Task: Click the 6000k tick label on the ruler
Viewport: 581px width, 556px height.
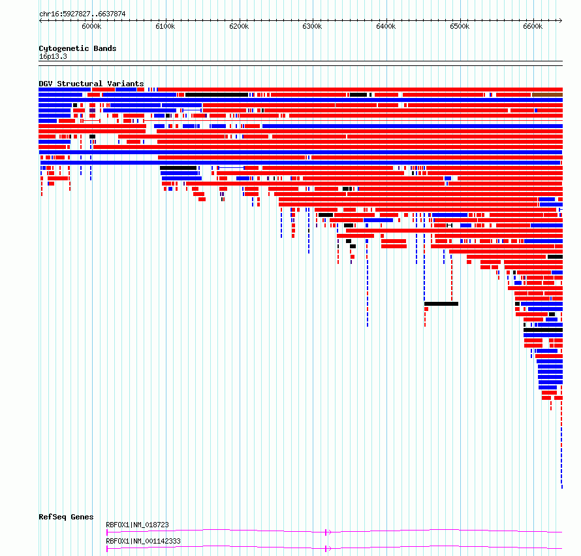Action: click(91, 26)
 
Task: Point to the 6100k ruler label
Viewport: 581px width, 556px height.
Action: click(165, 26)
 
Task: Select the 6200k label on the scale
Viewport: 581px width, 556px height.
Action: click(239, 26)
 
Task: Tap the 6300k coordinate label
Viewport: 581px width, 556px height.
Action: click(312, 26)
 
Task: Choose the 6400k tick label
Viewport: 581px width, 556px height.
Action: click(386, 26)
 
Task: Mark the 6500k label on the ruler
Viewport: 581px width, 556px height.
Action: click(460, 26)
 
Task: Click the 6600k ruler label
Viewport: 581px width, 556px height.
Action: click(533, 26)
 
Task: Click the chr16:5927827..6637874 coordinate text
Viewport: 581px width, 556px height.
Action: click(82, 14)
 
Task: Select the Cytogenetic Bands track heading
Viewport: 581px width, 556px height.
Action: click(78, 48)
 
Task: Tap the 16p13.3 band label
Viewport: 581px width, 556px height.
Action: click(53, 56)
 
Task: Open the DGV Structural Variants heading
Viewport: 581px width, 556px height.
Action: click(91, 84)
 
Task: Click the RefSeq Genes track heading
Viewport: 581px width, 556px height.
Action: click(66, 517)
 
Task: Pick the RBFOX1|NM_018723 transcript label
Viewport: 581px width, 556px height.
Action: click(137, 525)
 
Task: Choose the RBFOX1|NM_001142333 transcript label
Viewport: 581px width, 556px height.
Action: click(143, 541)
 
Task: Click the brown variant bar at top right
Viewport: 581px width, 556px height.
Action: click(547, 95)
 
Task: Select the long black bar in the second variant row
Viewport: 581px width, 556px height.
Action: click(217, 95)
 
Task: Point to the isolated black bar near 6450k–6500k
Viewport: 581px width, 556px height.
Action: click(441, 304)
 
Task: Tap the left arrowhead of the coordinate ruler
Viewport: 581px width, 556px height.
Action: click(40, 21)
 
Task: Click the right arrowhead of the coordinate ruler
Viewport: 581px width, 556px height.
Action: click(561, 21)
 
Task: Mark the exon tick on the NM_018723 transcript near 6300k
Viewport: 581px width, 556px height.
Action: click(326, 532)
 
